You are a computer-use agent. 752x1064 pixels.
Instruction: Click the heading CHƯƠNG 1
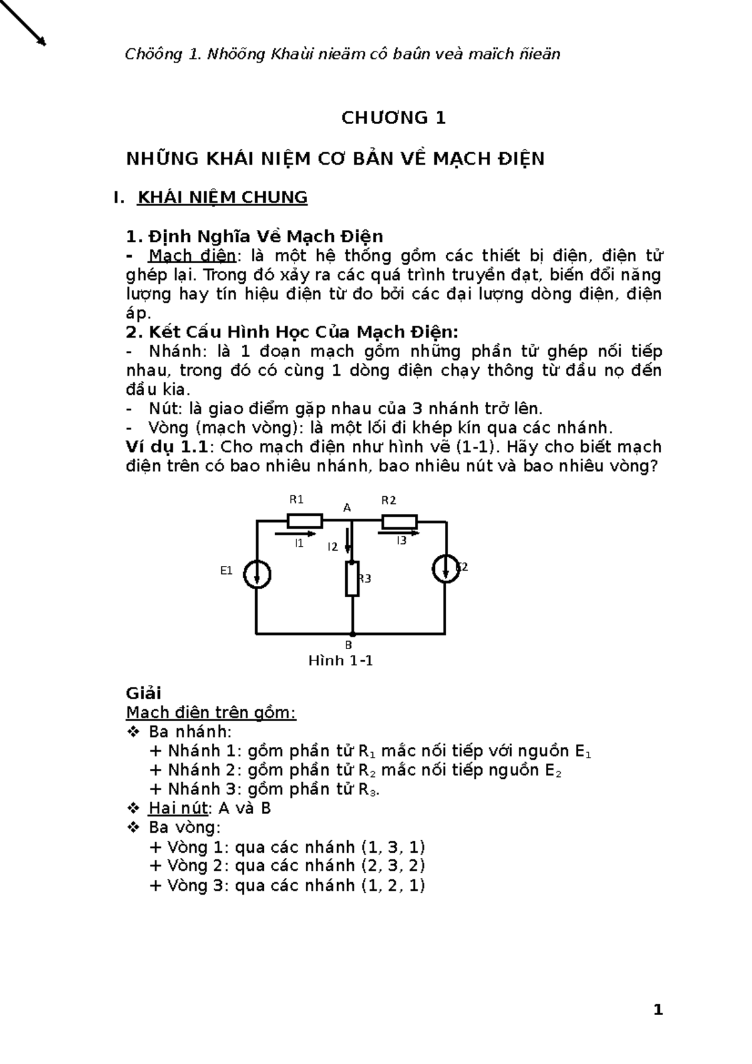(393, 118)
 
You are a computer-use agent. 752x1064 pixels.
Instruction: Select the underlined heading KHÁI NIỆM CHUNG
(222, 198)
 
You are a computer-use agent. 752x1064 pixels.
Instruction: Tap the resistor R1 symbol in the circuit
(305, 521)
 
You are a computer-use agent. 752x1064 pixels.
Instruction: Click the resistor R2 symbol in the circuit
(399, 521)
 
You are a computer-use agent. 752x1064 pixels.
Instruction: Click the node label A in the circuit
(347, 508)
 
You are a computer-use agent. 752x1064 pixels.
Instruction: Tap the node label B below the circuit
(349, 645)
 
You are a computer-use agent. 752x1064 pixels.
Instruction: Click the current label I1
(299, 543)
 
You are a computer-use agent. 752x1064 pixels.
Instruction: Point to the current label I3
(401, 540)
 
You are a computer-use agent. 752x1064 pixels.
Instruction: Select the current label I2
(332, 547)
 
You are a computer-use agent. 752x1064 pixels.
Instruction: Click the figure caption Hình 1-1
(341, 660)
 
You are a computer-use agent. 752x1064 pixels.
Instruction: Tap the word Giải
(144, 693)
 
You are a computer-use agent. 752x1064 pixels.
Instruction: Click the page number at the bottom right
(657, 1010)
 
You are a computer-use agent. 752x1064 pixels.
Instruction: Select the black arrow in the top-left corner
(24, 23)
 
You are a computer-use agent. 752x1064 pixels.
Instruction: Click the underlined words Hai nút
(177, 808)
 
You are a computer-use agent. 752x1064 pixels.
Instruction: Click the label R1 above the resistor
(296, 499)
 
